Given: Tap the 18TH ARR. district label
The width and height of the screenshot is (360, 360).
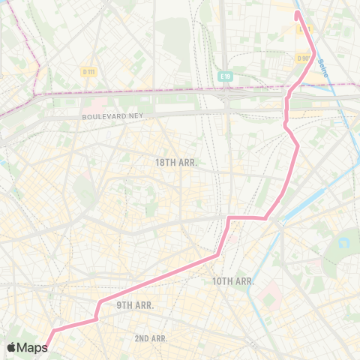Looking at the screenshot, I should [175, 162].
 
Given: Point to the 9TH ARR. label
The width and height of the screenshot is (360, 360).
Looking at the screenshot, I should [135, 305].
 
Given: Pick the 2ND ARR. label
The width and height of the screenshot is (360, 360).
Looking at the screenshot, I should [151, 339].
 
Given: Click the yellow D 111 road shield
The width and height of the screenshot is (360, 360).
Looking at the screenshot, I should [88, 71].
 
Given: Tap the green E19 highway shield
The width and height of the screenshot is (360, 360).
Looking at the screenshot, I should [226, 76].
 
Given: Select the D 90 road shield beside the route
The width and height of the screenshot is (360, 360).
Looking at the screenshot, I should [303, 58].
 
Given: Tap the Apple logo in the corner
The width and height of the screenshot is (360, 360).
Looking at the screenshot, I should [13, 347].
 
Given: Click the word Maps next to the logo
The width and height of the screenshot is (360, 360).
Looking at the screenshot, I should [34, 347].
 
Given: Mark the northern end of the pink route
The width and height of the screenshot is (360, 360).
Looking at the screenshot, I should [297, 12].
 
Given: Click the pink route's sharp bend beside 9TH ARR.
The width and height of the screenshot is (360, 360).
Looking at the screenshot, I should [98, 303].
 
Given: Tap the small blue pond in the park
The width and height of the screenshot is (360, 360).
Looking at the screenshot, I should [346, 243].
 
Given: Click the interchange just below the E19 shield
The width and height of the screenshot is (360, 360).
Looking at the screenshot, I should [226, 97].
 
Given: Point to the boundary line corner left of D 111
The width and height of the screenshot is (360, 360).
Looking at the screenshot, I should [34, 94].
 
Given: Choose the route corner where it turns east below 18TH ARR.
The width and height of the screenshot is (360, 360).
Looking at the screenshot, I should [229, 218].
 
